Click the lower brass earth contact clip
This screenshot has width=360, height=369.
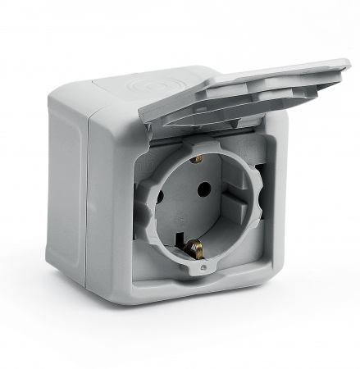194,245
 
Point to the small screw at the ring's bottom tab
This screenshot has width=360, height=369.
202,268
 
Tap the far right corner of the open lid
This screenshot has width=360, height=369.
349,63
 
